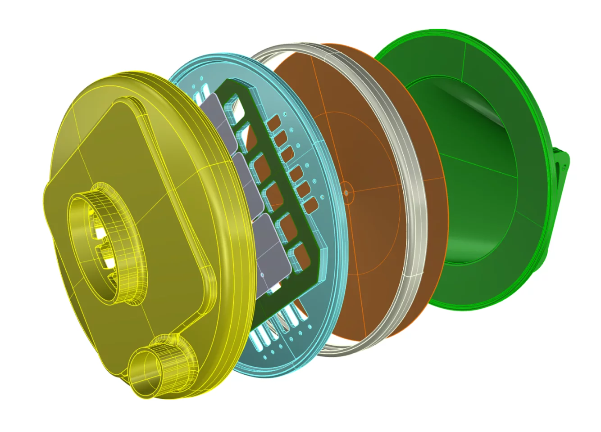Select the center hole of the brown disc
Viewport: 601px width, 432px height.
point(346,193)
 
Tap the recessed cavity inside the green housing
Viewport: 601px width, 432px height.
point(473,180)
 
